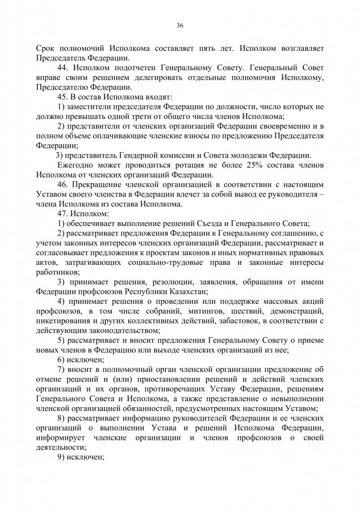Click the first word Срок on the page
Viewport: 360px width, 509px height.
[x=46, y=49]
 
